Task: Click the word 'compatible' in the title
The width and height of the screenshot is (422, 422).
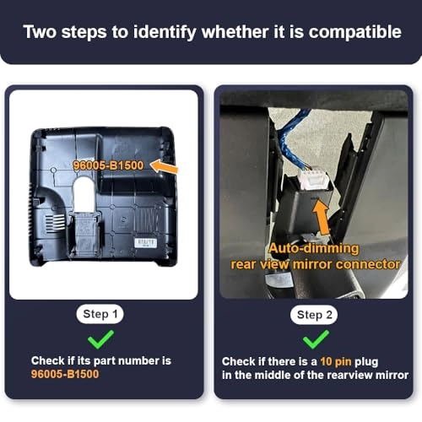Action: tap(354, 32)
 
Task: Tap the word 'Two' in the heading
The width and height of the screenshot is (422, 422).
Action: tap(40, 31)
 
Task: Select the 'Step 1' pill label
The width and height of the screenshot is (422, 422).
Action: tap(100, 314)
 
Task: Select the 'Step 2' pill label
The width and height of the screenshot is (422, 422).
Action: tap(314, 315)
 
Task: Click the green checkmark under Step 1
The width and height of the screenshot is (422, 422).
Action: tap(100, 339)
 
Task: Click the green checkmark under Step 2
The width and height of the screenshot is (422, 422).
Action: tap(316, 339)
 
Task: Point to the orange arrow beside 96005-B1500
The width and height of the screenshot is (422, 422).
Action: tap(164, 166)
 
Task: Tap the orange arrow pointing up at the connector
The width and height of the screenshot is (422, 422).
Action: tap(322, 217)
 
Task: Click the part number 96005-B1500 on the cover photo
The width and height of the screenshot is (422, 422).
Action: tap(108, 165)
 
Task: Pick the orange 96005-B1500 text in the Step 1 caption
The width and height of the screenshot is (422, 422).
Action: tap(65, 374)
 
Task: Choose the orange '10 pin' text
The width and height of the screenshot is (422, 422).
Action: tap(336, 361)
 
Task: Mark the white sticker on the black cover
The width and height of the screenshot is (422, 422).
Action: tap(145, 243)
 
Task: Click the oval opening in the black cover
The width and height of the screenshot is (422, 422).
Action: tap(83, 193)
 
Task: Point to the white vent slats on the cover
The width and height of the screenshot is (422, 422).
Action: tap(55, 224)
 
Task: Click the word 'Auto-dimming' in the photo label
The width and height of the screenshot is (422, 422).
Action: tap(314, 249)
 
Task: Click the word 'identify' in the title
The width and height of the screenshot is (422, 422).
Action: tap(165, 32)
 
